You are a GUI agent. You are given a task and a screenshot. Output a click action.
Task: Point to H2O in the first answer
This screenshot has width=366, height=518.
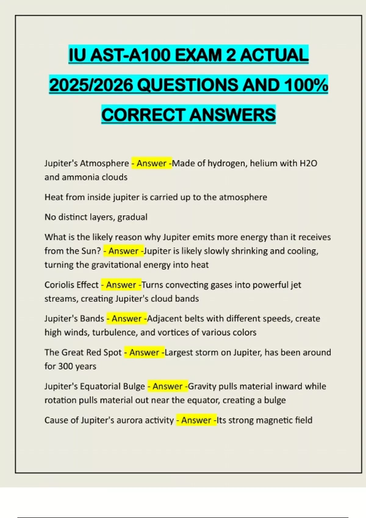309,163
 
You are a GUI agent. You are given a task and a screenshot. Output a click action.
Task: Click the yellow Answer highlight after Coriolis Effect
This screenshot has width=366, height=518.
121,285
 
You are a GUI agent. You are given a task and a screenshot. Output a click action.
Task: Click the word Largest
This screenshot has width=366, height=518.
178,352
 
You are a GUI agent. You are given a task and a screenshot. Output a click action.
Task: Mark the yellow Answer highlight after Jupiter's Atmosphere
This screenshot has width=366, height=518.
152,163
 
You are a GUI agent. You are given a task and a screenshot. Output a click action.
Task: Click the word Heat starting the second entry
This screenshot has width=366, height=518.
54,197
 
